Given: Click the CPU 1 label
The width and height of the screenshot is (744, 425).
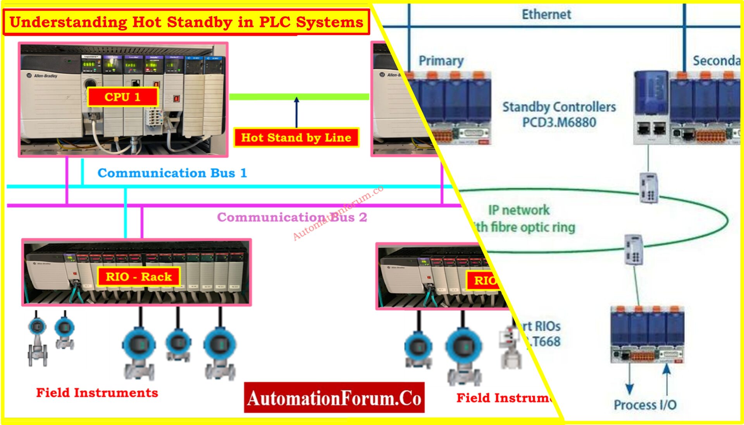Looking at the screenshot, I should (x=122, y=97).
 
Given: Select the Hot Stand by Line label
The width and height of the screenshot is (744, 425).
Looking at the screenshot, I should (x=296, y=138).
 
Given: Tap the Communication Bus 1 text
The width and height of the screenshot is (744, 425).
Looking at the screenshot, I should (x=172, y=173).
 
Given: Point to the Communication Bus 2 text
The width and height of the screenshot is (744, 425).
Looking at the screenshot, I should (x=292, y=217).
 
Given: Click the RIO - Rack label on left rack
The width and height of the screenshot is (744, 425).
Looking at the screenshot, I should (x=139, y=277).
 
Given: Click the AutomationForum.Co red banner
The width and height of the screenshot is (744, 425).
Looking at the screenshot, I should (x=334, y=398).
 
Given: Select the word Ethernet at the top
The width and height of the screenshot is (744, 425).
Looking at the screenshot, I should (x=546, y=14).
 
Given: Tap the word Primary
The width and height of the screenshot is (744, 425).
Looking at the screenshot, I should (x=441, y=61).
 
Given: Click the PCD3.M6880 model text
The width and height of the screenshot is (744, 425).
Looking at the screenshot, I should (x=559, y=122).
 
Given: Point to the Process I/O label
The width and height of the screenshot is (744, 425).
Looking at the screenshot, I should (x=645, y=405).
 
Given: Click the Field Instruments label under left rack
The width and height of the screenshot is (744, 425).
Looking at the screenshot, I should (x=97, y=392).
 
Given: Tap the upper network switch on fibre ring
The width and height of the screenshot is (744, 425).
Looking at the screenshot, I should (x=648, y=188).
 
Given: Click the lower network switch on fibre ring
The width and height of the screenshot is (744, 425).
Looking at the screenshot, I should (x=634, y=249).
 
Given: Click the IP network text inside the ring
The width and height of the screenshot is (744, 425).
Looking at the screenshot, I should (x=518, y=210).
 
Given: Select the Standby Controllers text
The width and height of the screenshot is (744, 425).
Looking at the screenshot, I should (x=559, y=107).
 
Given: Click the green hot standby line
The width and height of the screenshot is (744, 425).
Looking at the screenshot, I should (x=298, y=96).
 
